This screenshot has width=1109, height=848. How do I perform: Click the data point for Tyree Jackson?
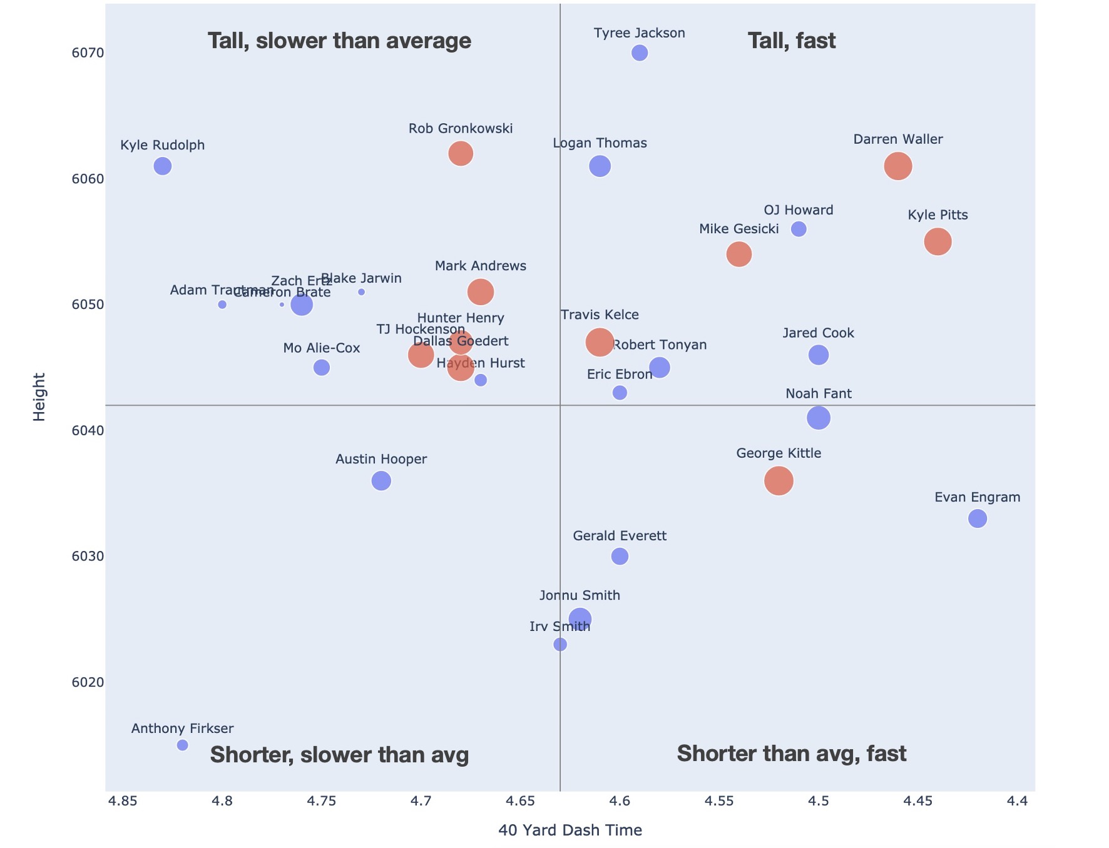(639, 53)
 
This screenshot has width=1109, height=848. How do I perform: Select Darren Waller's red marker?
(898, 166)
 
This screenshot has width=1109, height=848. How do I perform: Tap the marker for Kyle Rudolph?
(163, 166)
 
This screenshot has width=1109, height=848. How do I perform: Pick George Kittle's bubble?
(779, 481)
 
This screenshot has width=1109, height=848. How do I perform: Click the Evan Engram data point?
(978, 518)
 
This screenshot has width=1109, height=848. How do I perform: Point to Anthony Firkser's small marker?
(183, 745)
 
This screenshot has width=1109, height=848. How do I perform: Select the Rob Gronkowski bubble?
(461, 154)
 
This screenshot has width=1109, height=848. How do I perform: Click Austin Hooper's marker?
(381, 481)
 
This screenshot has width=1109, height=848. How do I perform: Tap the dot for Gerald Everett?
(620, 556)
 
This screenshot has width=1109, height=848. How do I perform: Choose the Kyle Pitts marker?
(938, 241)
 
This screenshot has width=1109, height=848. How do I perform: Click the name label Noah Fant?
(818, 394)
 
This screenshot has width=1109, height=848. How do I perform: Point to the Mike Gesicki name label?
(738, 229)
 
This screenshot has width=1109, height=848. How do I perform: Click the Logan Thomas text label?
(600, 143)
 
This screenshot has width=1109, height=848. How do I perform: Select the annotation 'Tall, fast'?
(792, 41)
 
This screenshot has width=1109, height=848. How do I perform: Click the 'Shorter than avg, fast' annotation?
(792, 754)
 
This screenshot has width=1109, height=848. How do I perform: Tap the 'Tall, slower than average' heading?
(339, 41)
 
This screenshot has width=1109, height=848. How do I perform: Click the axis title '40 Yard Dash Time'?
(570, 830)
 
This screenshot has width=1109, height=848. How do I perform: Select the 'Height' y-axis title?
(39, 397)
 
